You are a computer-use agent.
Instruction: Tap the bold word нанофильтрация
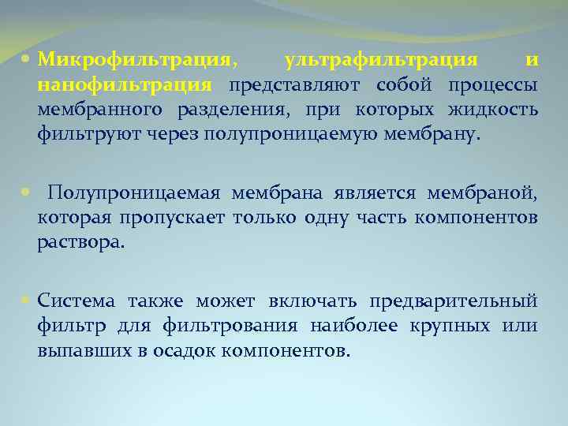pyautogui.click(x=124, y=85)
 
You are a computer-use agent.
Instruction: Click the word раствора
pyautogui.click(x=80, y=242)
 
